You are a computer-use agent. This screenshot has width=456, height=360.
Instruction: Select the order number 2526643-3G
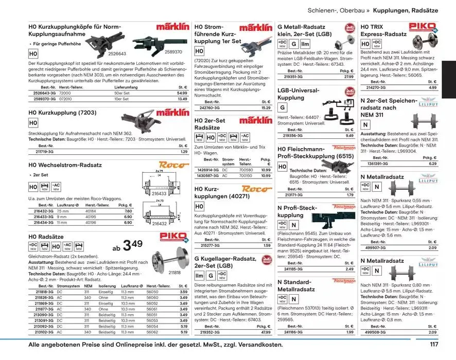click(x=44, y=93)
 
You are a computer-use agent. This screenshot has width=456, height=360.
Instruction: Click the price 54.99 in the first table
click(x=182, y=93)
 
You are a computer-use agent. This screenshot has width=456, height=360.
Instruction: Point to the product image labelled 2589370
click(x=154, y=41)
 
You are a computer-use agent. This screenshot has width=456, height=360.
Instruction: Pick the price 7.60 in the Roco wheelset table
click(x=129, y=211)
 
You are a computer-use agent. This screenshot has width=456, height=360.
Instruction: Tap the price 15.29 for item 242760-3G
click(x=266, y=108)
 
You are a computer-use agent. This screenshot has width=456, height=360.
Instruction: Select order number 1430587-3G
click(x=208, y=175)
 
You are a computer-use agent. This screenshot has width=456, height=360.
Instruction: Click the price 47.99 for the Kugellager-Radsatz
click(x=266, y=332)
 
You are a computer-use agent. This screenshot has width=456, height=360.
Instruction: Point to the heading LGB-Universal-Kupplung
click(x=299, y=94)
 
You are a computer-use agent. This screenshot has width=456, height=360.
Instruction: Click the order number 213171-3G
click(x=293, y=195)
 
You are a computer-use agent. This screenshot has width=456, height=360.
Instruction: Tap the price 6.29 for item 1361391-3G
click(x=433, y=163)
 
